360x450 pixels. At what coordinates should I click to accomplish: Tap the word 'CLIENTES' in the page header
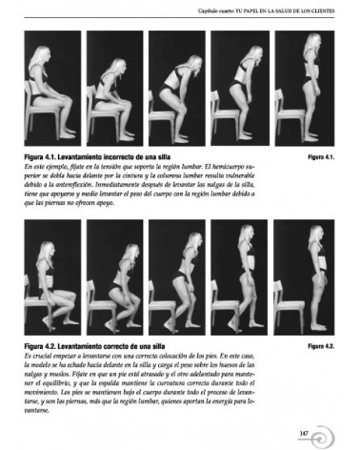[x=319, y=11]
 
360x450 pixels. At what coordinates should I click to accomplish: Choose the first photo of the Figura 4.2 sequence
[x=52, y=276]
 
